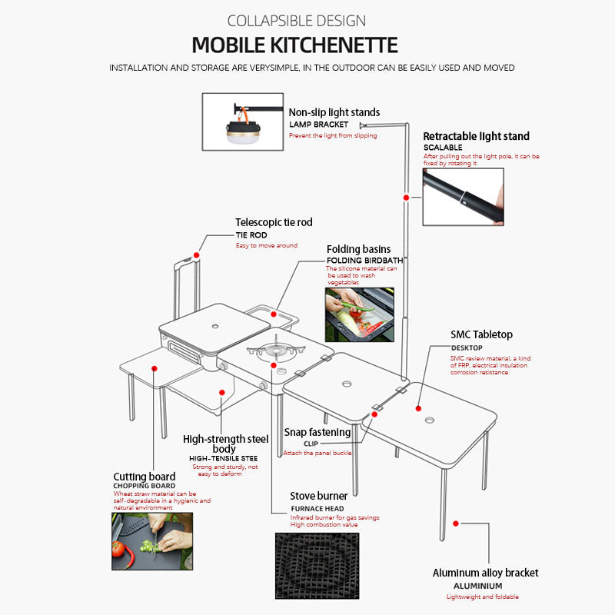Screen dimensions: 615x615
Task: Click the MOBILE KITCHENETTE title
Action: coord(295,45)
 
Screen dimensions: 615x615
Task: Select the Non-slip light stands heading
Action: coord(334,112)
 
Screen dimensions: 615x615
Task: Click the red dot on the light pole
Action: coord(407,198)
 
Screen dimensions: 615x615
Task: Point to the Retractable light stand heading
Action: coord(476,136)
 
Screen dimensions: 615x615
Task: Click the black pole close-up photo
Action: coord(464,197)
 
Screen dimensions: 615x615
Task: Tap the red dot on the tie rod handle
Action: coord(197,255)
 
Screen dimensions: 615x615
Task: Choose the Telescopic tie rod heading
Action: coord(274,222)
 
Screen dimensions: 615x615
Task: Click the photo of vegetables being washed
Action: coord(360,314)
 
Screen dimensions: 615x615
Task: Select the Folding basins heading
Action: coord(358,249)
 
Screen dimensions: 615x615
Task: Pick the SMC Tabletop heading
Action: coord(481,334)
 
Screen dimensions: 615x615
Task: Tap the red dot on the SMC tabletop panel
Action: coord(418,409)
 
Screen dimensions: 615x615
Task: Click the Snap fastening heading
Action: coord(317,432)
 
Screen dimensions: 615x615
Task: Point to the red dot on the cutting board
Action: coord(155,369)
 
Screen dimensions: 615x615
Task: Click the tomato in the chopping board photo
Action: coord(118,549)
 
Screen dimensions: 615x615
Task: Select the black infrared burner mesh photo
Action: coord(317,566)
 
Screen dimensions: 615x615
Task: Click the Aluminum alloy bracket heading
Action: coord(485,573)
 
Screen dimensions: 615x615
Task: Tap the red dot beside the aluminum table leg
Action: coord(456,524)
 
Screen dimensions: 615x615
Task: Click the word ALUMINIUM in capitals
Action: coord(477,586)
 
